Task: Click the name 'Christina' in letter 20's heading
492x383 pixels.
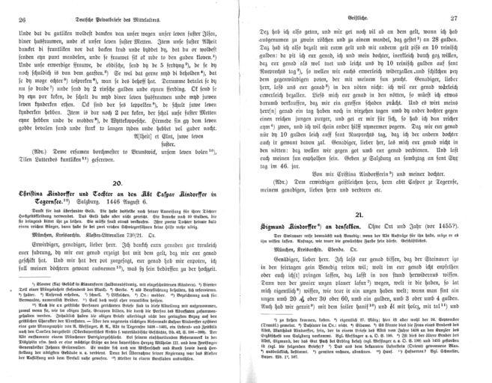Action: (x=34, y=193)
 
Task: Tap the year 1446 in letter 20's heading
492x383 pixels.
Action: (x=133, y=203)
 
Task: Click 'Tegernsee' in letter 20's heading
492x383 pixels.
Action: (x=52, y=203)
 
